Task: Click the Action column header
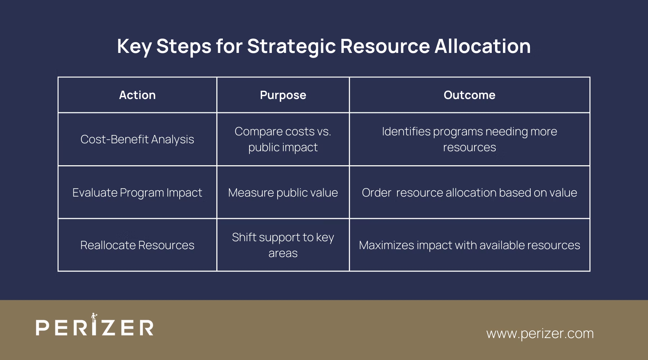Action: pos(137,95)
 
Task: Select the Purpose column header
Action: pos(283,95)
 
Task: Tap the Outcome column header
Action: pos(469,95)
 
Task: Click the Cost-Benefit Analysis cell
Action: pos(137,139)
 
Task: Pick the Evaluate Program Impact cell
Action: pos(137,193)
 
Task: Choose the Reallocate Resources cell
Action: pos(137,245)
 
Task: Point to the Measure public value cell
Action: pos(283,193)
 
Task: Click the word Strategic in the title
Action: pos(291,46)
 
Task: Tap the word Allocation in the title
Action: pos(482,46)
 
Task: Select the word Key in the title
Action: pos(134,46)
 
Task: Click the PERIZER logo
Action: pos(95,327)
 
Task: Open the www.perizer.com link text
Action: pos(540,333)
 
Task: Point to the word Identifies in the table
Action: pos(406,131)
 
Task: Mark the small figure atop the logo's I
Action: pos(94,317)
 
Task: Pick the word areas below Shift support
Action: pos(283,253)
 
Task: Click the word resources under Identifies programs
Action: pos(469,147)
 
